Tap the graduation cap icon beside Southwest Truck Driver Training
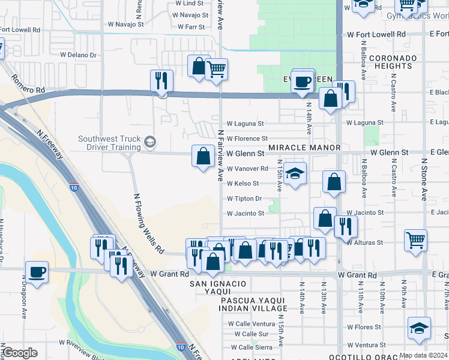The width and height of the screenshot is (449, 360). (x=149, y=142)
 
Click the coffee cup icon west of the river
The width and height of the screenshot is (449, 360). (x=37, y=272)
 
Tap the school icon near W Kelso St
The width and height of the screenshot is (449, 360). (x=295, y=174)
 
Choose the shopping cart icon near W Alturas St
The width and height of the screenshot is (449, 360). (x=416, y=241)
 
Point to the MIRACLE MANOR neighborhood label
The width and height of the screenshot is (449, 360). (x=304, y=148)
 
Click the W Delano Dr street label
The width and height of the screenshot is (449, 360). (x=78, y=55)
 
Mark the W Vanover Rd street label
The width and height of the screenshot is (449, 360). (x=247, y=169)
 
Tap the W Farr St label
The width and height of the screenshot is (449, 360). (x=191, y=27)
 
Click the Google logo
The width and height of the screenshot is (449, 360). (x=20, y=353)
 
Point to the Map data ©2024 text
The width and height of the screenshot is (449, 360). (x=423, y=355)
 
